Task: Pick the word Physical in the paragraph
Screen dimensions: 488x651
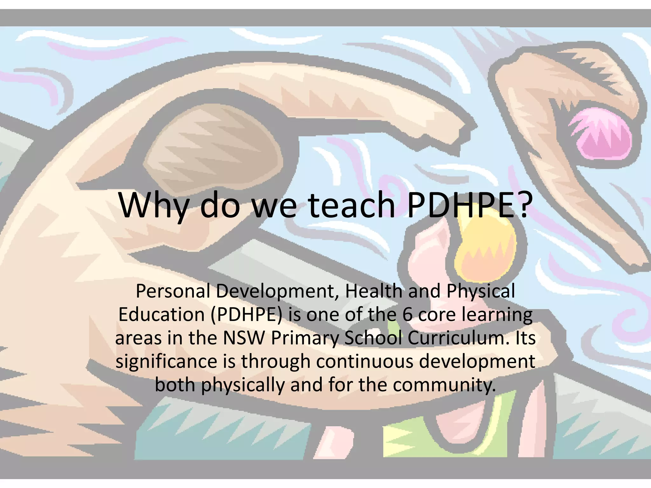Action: click(480, 292)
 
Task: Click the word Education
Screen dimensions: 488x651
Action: click(161, 315)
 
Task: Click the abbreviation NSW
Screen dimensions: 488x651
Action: click(244, 338)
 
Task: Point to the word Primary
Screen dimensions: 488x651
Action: click(305, 338)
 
